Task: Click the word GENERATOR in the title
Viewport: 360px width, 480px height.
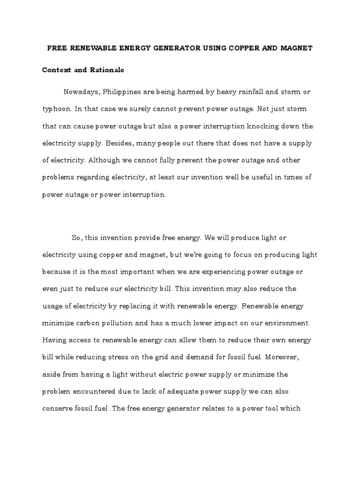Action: click(180, 48)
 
